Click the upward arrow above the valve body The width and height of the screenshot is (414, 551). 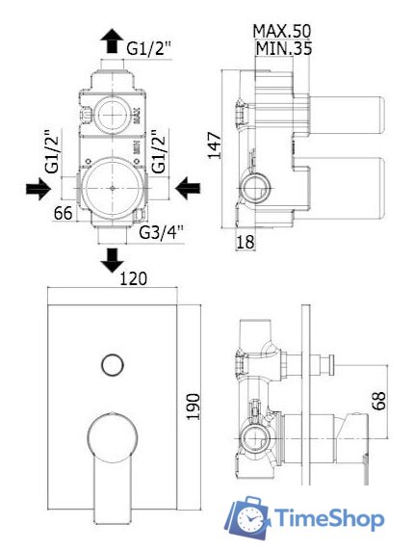(112, 40)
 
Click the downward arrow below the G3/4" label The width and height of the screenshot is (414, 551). (112, 260)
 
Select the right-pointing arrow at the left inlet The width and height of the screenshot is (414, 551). (39, 189)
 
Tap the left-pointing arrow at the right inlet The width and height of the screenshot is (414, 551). (188, 189)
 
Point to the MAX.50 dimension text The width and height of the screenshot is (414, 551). (282, 31)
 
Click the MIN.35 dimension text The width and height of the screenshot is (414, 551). (283, 48)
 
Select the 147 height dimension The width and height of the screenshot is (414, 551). (215, 145)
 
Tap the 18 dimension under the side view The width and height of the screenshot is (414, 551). (246, 242)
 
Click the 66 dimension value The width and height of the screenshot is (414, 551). (64, 213)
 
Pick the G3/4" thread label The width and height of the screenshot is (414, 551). (161, 232)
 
